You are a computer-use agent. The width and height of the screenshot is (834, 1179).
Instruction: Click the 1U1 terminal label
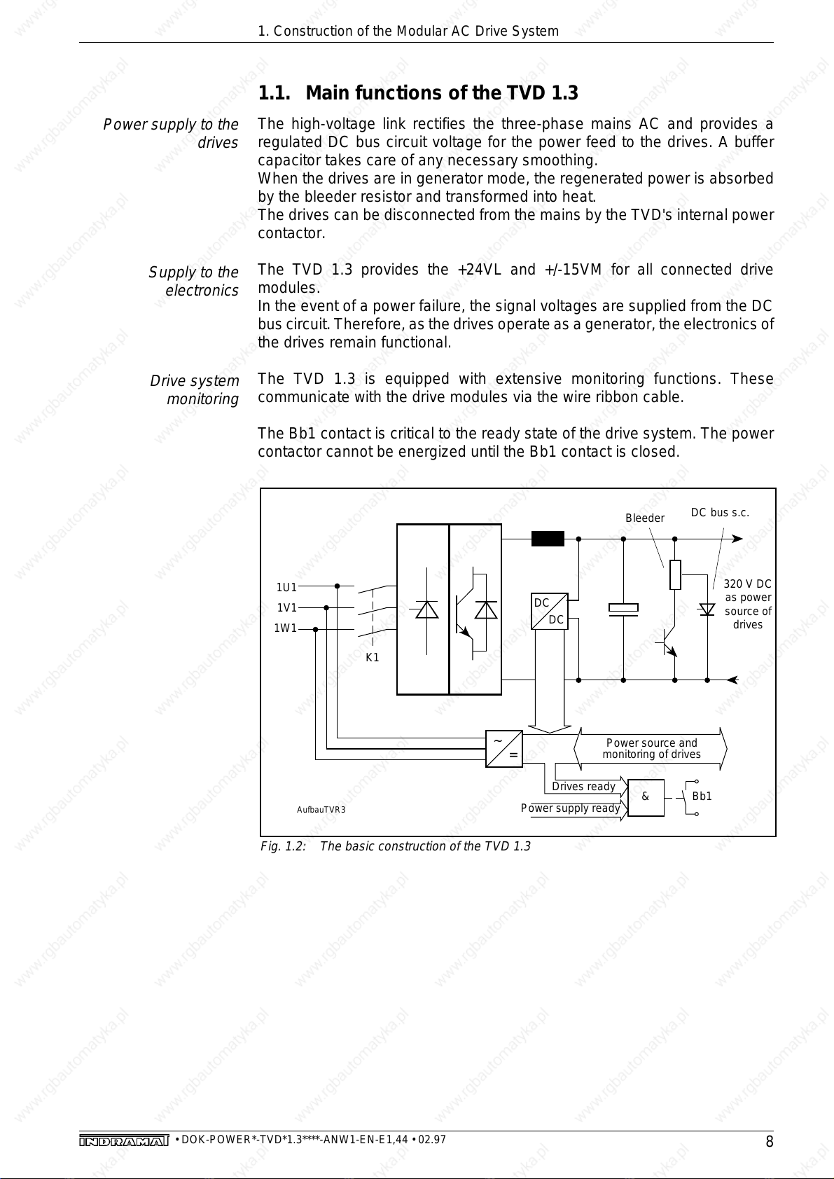286,587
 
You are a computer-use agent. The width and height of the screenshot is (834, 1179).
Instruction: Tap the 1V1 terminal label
286,607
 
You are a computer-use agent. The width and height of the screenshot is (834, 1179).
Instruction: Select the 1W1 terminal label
285,628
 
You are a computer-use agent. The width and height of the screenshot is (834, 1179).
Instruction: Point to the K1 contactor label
373,658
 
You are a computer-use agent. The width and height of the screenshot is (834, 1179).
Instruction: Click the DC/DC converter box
549,611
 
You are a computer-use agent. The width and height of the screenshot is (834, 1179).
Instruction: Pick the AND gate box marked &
646,797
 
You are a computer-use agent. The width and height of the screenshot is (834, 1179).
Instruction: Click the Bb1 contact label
702,797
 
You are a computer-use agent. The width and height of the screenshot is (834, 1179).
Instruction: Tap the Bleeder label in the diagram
644,518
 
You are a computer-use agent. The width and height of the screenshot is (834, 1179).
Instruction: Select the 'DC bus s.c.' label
720,513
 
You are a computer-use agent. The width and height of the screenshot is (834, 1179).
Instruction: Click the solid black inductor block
548,539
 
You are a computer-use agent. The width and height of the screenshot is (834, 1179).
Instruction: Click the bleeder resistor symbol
675,575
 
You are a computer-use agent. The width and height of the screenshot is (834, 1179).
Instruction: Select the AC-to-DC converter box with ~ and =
504,748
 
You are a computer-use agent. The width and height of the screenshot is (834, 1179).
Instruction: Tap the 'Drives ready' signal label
583,787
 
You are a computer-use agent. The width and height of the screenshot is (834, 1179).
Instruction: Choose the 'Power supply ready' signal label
570,808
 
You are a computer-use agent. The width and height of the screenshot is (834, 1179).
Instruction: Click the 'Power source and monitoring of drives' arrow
651,748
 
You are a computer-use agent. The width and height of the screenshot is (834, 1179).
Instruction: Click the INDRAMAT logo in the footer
124,1142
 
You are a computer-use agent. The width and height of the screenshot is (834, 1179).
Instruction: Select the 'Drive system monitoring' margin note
195,390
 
